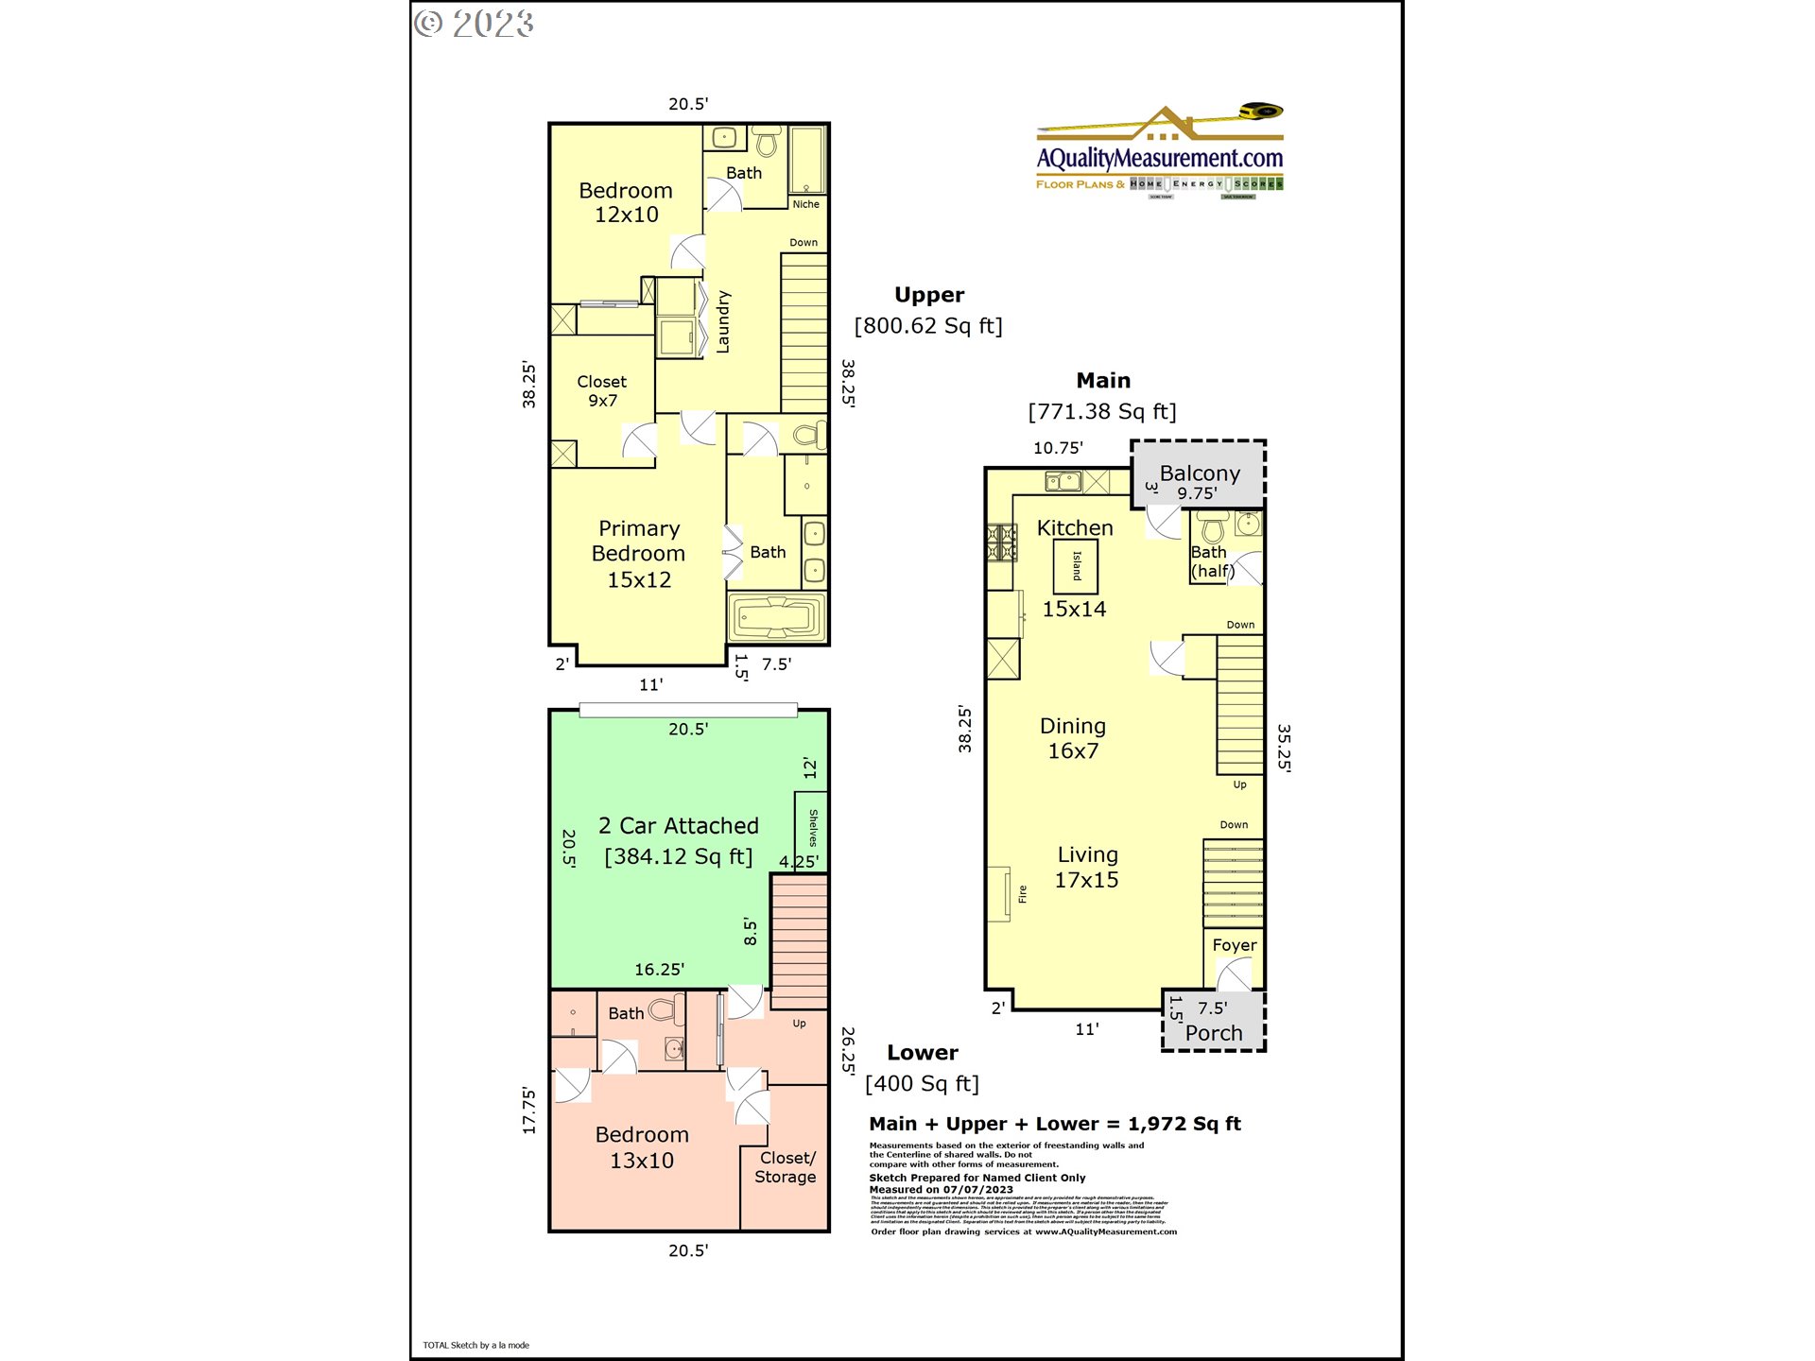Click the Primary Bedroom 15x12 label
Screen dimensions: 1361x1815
tap(638, 554)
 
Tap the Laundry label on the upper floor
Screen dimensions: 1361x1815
tap(723, 322)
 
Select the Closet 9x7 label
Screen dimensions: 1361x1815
tap(602, 390)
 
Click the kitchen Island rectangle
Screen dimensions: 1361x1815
tap(1076, 566)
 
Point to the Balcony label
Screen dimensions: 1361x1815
tap(1200, 474)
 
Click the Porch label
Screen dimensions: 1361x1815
tap(1214, 1033)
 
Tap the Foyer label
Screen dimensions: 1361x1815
tap(1234, 945)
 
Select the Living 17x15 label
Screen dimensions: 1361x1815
tap(1087, 867)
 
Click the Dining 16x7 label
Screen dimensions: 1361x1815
tap(1073, 738)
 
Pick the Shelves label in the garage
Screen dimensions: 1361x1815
tap(813, 828)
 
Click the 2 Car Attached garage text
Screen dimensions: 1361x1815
tap(678, 826)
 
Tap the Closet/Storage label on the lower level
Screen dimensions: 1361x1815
tap(786, 1167)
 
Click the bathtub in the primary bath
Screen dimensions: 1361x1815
tap(776, 619)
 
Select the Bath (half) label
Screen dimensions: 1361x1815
tap(1211, 561)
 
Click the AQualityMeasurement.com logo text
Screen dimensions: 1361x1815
tap(1160, 158)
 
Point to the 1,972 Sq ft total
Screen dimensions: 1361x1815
tap(1184, 1124)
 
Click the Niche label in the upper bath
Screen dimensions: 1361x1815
tap(805, 204)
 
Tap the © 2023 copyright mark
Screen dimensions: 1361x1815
tap(475, 24)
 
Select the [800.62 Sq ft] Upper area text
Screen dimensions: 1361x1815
tap(928, 326)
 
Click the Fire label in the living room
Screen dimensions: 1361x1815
tap(1022, 894)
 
